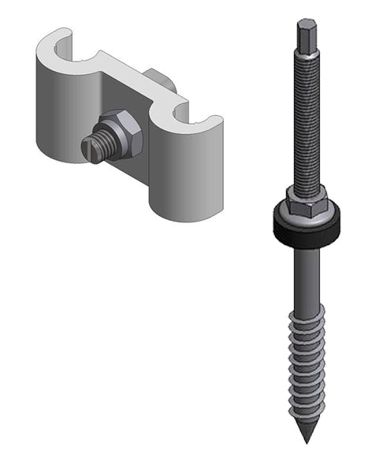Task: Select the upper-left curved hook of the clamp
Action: click(59, 43)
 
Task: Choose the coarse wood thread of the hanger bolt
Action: click(308, 363)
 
